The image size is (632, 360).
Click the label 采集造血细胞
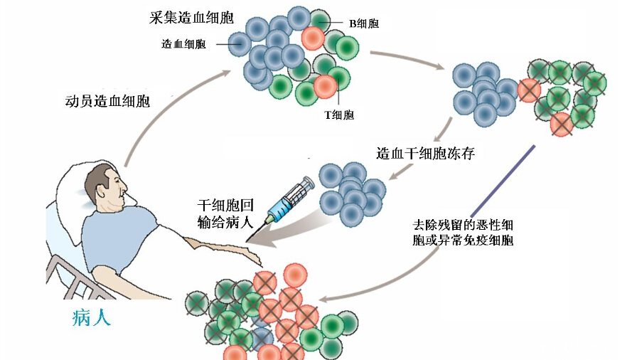191,18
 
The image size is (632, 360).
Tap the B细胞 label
364,23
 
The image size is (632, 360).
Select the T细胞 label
339,115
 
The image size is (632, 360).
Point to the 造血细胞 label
184,43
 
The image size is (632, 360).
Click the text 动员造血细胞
107,101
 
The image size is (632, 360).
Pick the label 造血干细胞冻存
426,154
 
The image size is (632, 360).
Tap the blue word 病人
92,317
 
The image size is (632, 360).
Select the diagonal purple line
503,181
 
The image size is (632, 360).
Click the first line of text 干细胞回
225,206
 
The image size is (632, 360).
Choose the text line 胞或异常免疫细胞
463,240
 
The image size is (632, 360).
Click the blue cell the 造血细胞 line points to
240,44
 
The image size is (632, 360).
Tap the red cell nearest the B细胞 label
313,38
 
